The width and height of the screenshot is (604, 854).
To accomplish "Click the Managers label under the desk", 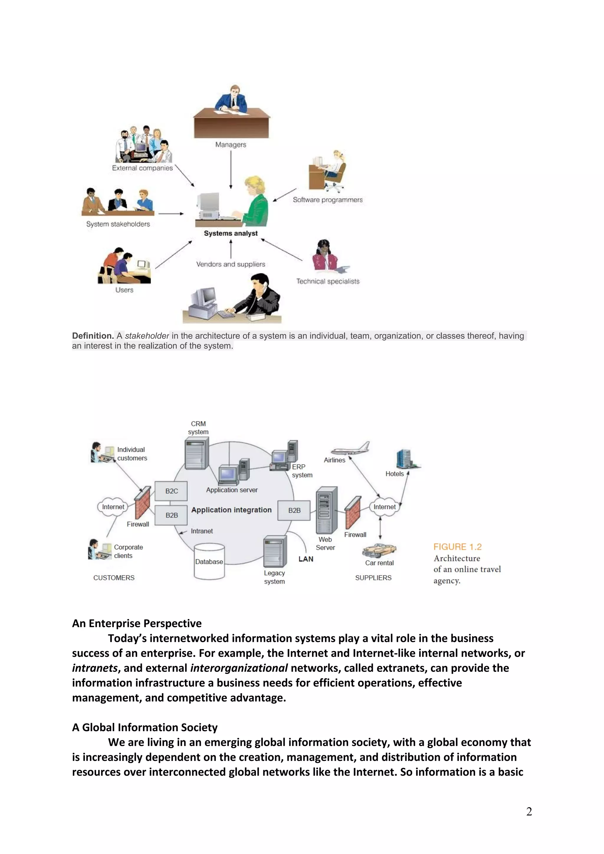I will point(230,144).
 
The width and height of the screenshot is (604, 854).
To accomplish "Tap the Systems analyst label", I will point(230,233).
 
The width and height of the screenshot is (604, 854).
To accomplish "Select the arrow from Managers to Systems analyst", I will point(231,169).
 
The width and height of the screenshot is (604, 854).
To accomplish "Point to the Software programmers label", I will point(327,200).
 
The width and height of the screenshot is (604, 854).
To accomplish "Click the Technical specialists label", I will point(327,281).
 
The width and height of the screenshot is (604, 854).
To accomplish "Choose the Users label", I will point(124,290).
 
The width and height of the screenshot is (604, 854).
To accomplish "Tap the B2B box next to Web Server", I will point(294,510).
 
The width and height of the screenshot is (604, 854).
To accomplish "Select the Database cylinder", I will point(209,561).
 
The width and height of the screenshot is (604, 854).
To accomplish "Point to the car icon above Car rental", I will point(379,550).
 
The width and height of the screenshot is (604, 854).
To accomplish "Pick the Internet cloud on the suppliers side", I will point(385,507).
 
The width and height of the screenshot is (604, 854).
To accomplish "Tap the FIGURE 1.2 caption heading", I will point(457,547).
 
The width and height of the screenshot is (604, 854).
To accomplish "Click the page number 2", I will point(529,811).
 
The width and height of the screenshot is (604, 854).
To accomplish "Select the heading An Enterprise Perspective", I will point(137,623).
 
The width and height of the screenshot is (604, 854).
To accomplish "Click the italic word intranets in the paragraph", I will point(95,668).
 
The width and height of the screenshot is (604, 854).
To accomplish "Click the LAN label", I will point(306,559).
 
